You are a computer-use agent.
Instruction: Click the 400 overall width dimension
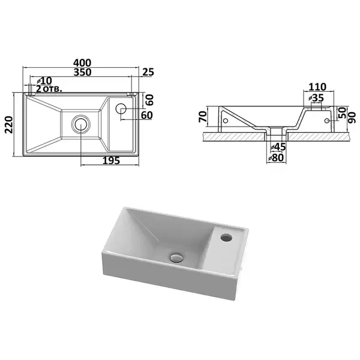82,62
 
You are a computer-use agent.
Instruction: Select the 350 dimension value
82,72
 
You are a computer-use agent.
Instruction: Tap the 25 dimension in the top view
148,72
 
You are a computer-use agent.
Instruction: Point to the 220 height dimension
9,125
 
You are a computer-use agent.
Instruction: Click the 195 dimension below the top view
111,161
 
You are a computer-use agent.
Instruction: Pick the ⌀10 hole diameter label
44,80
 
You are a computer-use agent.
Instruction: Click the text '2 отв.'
49,89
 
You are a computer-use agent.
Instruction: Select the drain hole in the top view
81,124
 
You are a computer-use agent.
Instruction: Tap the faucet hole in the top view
121,109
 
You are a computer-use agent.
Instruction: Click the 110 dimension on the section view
317,87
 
